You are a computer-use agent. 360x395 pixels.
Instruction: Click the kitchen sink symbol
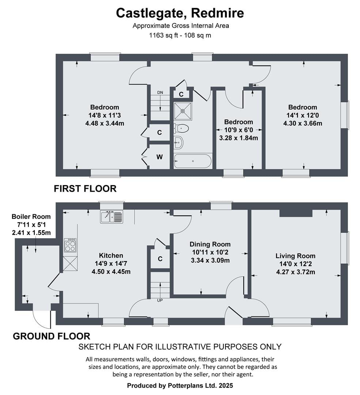pos(112,217)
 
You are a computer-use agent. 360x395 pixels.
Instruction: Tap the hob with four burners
pos(70,245)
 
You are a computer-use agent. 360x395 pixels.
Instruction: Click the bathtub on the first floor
pos(193,161)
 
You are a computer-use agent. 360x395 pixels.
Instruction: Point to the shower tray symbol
pos(183,111)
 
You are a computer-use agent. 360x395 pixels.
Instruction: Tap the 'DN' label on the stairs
pos(160,93)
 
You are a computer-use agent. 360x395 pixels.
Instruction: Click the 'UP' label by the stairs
pos(160,300)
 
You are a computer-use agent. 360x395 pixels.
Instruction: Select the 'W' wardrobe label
pos(159,157)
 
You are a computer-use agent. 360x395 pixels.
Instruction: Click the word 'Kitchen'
pos(111,255)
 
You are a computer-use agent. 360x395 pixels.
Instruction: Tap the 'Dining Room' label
pos(210,244)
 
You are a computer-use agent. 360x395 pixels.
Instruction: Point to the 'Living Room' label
pos(295,256)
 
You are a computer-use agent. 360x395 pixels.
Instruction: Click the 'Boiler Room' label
pos(31,217)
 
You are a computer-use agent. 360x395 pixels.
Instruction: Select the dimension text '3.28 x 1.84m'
pos(238,138)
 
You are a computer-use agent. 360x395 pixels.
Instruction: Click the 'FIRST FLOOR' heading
pos(85,189)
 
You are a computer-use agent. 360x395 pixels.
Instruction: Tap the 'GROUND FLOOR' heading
pos(52,336)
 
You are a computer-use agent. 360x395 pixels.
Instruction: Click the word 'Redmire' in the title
pos(217,13)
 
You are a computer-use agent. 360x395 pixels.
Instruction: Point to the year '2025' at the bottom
pos(226,385)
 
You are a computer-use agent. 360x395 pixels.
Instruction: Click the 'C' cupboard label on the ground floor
pos(160,259)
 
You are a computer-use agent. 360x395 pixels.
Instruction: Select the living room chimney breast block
pos(296,213)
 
